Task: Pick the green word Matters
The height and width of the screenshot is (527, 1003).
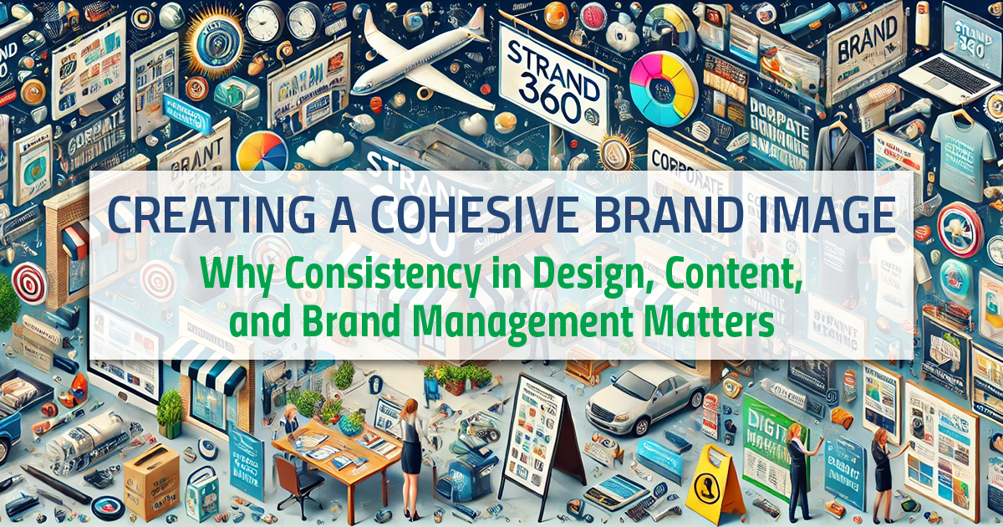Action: coord(718,322)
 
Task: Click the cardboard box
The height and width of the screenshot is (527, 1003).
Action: coord(150,480)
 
